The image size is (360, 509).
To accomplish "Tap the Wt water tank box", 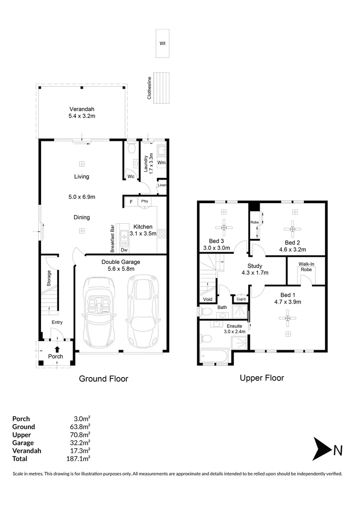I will coord(163,43).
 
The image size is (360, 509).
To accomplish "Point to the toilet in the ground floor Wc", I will coord(131,149).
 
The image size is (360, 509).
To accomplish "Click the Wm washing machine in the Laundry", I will coord(161,162).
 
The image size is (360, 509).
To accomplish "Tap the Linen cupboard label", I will coord(162,185).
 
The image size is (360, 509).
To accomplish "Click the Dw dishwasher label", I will coord(123,250).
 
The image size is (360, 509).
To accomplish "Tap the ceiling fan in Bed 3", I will coord(224,228).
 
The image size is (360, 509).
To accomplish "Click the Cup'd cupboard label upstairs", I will coord(241,299).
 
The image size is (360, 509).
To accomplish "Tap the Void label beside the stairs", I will coord(207,299).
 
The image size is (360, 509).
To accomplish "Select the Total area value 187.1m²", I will coord(79,458).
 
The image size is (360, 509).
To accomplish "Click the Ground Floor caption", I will coord(103,378).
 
